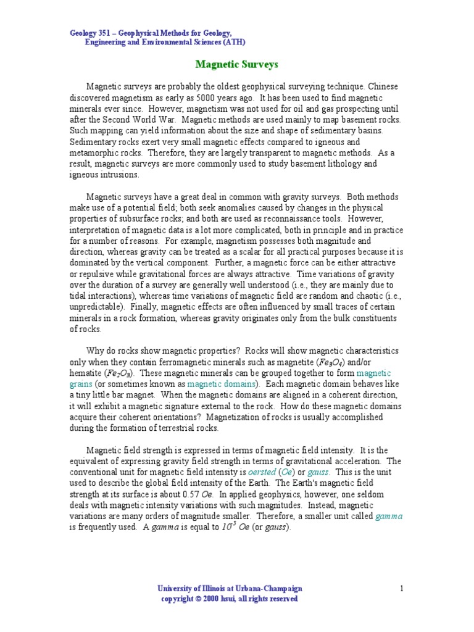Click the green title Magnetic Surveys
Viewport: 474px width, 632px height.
[236, 64]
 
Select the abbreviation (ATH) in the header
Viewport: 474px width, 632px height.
[233, 42]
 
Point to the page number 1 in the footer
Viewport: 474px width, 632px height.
[401, 589]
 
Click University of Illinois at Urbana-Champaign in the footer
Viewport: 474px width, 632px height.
[230, 589]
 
